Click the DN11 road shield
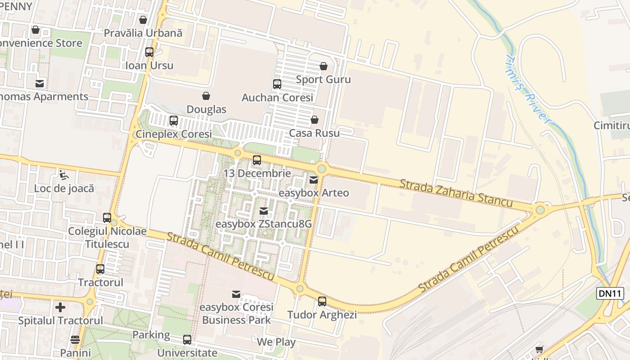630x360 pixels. [x=611, y=293]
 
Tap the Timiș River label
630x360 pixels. [x=528, y=90]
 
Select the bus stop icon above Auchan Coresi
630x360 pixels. [x=277, y=84]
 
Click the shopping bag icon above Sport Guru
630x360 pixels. [x=323, y=67]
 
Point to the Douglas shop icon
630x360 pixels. [x=206, y=96]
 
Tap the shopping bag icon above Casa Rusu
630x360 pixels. [x=315, y=120]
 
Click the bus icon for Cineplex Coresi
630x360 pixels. [x=174, y=121]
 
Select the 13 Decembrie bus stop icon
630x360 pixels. [x=257, y=160]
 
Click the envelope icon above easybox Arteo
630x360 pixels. [x=314, y=180]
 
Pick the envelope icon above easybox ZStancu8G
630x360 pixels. [x=264, y=211]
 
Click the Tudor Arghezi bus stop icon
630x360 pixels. [x=322, y=301]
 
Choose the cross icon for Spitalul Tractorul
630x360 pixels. [x=60, y=307]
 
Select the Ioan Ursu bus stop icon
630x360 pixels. [x=149, y=52]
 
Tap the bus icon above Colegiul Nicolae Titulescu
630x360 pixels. [x=107, y=218]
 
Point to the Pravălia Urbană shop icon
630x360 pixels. [x=143, y=20]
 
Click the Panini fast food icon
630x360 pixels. [x=75, y=339]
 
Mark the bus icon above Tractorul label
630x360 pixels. [x=100, y=269]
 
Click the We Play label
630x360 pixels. [x=276, y=342]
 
